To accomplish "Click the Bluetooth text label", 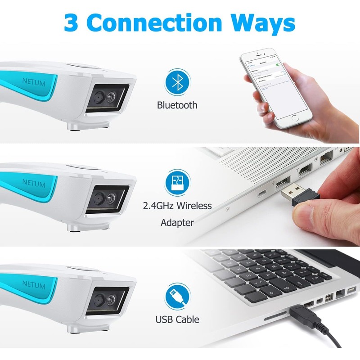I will click(177, 106).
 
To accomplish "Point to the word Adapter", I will click(177, 222).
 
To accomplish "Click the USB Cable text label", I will click(177, 320).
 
